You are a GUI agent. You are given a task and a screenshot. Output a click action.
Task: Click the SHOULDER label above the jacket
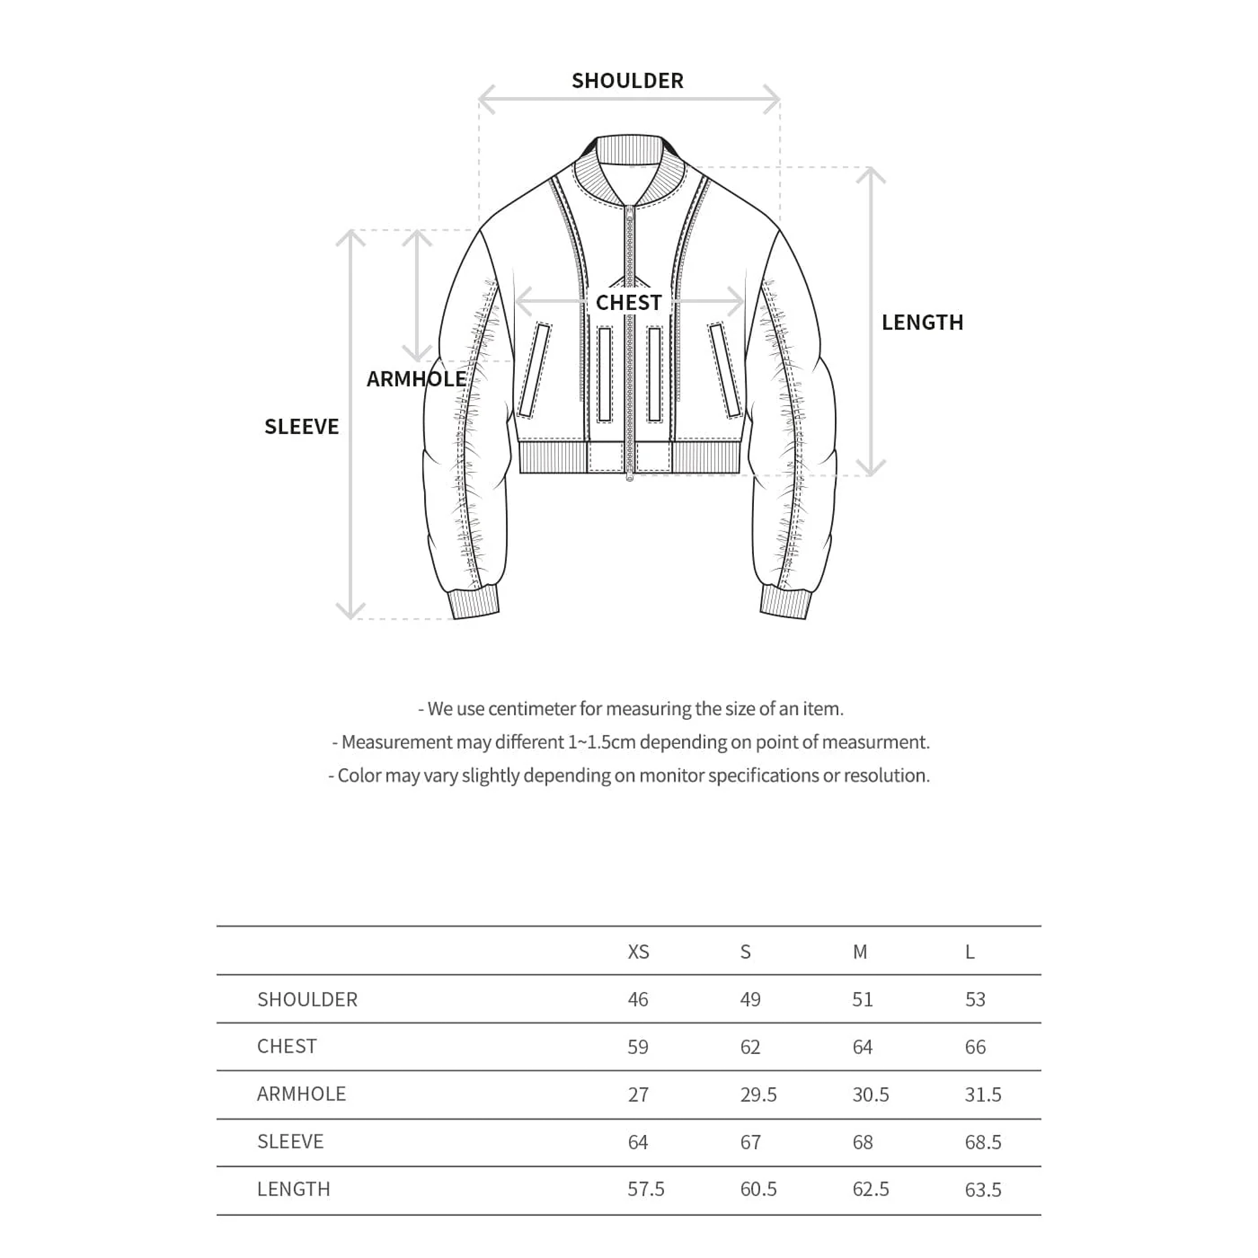[x=627, y=81]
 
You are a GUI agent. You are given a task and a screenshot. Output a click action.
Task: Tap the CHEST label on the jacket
[x=628, y=303]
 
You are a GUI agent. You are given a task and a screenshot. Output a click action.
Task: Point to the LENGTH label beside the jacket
[x=922, y=322]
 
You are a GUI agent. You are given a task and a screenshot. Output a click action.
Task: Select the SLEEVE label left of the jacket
[x=301, y=426]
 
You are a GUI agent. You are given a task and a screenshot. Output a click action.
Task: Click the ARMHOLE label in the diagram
[x=416, y=379]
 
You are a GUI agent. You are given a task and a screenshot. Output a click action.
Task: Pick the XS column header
[x=638, y=952]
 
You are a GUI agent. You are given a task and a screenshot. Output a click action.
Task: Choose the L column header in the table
[x=969, y=952]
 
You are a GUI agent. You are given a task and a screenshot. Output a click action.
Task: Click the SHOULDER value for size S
[x=750, y=999]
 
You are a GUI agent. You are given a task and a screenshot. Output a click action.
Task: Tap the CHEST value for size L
[x=976, y=1047]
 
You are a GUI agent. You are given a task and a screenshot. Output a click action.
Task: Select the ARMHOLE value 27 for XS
[x=638, y=1094]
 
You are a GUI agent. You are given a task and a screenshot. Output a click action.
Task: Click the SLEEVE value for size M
[x=863, y=1142]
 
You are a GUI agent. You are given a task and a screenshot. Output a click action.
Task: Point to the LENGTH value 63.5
[x=983, y=1189]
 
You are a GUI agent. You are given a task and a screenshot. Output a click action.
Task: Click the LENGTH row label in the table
[x=294, y=1189]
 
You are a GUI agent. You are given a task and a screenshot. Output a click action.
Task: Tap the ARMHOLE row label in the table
[x=301, y=1094]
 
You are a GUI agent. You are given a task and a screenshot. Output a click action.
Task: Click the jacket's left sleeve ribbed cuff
[x=475, y=603]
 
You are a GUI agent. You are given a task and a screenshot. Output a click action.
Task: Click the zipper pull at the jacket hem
[x=630, y=477]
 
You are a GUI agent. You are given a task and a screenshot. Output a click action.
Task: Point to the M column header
[x=860, y=952]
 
